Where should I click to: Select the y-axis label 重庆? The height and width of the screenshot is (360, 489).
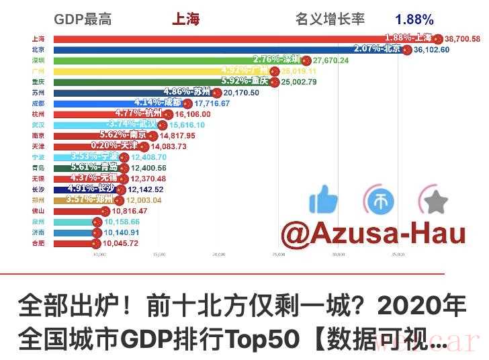tap(38, 82)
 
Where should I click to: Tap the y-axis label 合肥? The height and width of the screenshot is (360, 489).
tap(38, 243)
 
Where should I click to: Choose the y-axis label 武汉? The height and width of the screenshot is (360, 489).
tap(38, 125)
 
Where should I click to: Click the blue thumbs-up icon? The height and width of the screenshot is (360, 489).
tap(324, 199)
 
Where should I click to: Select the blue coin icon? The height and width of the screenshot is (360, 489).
tap(380, 199)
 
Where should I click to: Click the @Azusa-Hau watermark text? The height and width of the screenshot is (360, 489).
tap(373, 233)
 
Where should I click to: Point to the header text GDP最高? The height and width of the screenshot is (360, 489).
tap(82, 19)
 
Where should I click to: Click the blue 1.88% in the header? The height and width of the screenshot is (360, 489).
tap(414, 19)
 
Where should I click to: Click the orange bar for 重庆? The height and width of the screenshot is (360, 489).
tap(134, 82)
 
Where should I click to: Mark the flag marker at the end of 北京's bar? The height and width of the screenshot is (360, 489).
tap(406, 50)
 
